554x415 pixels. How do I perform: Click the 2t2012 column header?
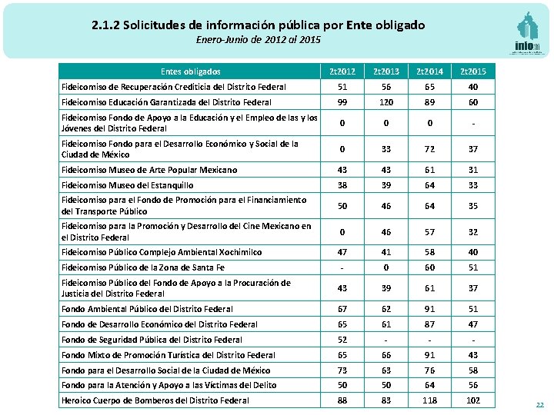(x=342, y=71)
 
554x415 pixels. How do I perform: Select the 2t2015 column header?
(x=473, y=71)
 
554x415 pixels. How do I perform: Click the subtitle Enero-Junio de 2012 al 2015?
(x=258, y=39)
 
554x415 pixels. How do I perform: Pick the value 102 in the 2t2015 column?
(x=473, y=400)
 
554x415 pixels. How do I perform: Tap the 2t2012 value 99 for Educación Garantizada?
(x=342, y=101)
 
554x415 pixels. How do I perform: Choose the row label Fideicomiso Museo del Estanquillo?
(x=128, y=185)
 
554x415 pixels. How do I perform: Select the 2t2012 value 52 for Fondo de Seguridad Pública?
(x=342, y=340)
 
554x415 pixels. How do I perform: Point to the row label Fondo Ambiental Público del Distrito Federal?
(x=147, y=309)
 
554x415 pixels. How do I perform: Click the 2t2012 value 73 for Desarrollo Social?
(x=342, y=370)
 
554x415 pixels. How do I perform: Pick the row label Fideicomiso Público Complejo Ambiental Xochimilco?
(x=162, y=252)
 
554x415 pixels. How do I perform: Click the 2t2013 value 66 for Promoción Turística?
(x=386, y=355)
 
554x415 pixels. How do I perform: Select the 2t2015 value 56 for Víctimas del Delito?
(x=473, y=385)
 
